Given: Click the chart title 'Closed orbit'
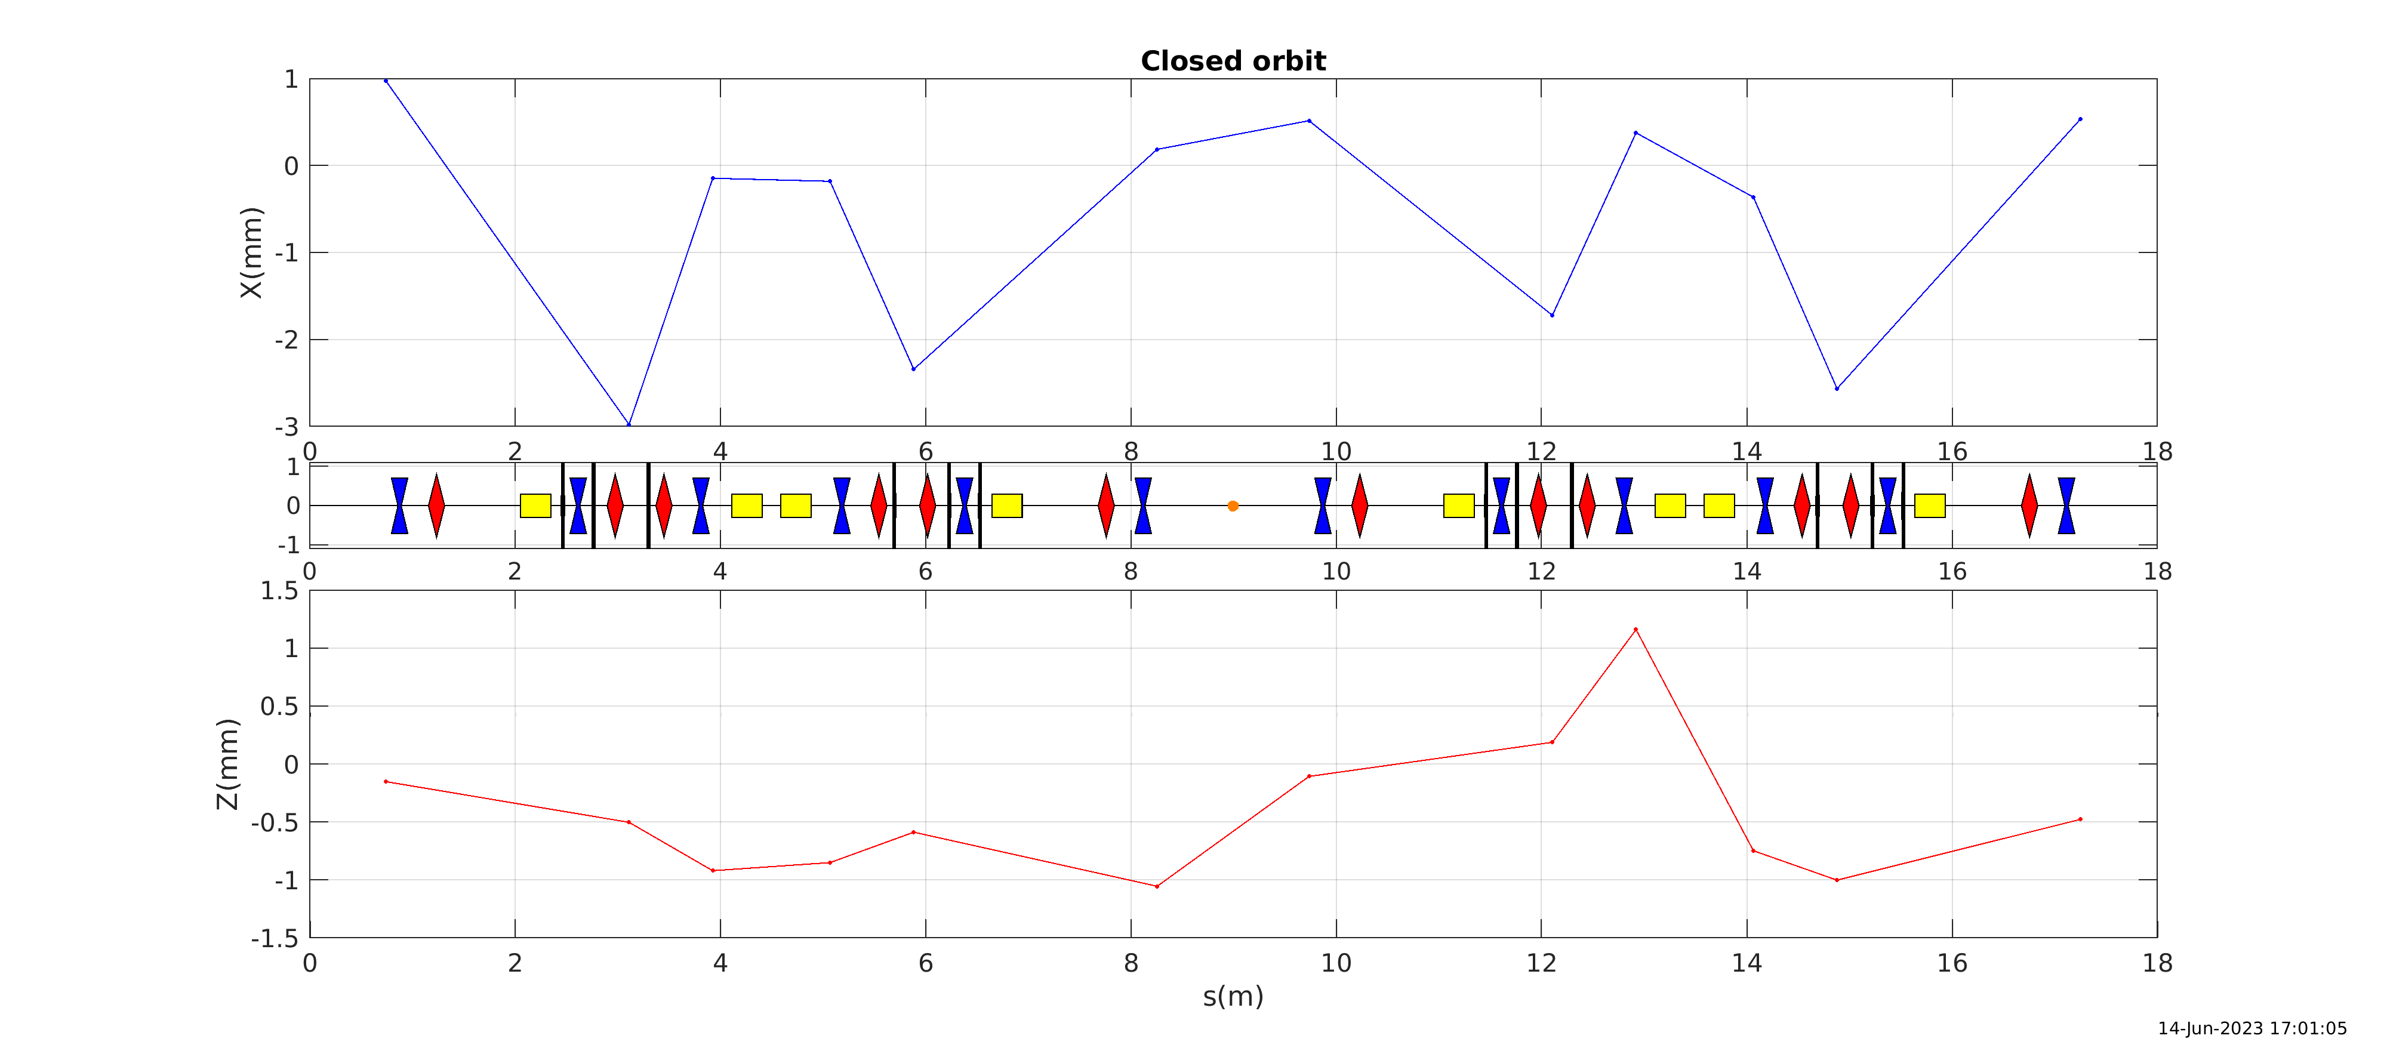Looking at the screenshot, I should (1233, 61).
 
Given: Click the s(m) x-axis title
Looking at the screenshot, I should (1233, 997).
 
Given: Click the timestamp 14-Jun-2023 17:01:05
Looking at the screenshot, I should (2251, 1028).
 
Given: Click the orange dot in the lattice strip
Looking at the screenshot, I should (1233, 506).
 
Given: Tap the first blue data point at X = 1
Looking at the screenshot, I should (386, 81).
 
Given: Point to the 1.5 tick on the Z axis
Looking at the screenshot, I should (279, 590).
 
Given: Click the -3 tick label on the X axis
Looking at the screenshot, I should (286, 427).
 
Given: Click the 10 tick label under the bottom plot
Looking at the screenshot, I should (1335, 963).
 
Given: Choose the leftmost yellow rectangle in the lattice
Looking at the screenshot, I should (535, 506).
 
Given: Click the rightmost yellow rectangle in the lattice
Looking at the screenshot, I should (1930, 506).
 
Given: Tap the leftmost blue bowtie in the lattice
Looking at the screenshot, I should (399, 506).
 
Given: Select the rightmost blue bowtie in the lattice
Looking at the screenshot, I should (2066, 506).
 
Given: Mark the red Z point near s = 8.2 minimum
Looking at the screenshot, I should (1157, 886).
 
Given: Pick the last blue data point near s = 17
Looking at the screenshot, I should (2080, 119).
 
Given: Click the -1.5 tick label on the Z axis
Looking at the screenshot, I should (275, 938).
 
